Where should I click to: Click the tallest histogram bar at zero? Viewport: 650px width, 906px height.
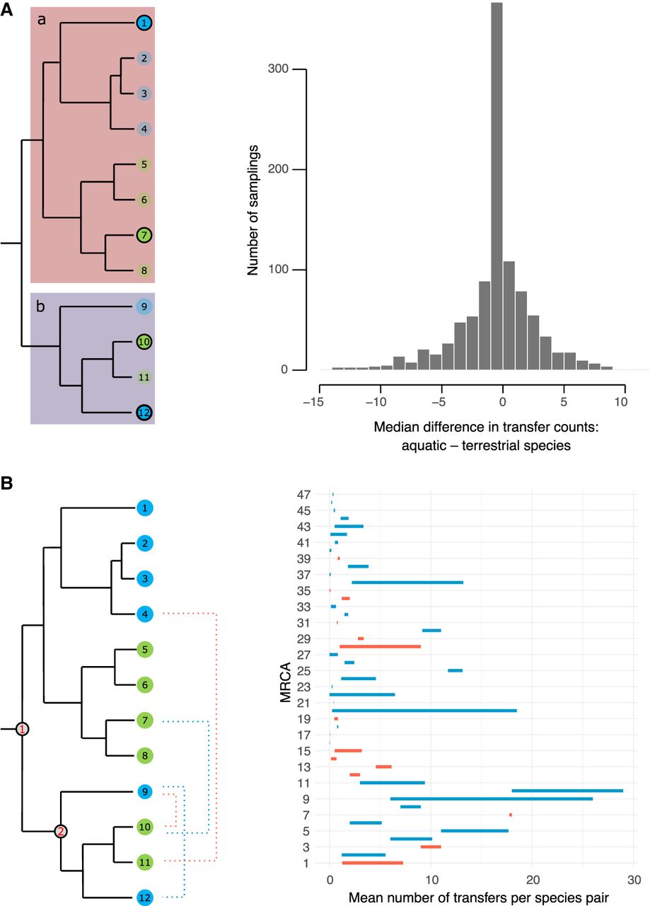pyautogui.click(x=497, y=184)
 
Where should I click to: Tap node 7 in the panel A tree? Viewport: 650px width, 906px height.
pyautogui.click(x=144, y=234)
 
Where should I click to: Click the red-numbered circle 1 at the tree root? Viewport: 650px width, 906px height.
pyautogui.click(x=23, y=729)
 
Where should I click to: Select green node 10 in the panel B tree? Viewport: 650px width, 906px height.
pyautogui.click(x=144, y=826)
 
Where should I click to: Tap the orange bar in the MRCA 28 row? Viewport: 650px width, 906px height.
pyautogui.click(x=380, y=646)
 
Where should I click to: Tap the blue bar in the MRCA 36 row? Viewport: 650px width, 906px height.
pyautogui.click(x=407, y=583)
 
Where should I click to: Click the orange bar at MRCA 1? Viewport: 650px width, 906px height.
pyautogui.click(x=372, y=863)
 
